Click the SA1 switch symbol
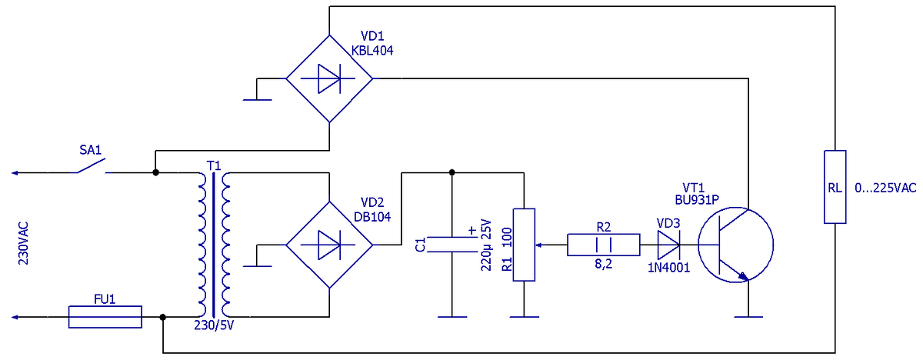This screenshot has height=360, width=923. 91,165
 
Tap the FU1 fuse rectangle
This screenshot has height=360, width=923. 105,317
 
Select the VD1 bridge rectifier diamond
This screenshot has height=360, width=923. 329,78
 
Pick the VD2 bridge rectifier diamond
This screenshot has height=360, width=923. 329,245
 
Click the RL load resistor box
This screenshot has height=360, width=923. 835,187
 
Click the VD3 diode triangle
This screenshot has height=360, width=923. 668,245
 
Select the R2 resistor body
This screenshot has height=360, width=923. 604,245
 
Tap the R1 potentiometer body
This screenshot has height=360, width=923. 524,245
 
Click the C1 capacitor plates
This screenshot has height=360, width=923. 452,245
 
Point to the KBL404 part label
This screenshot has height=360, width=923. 372,51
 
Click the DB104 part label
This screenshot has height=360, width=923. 372,217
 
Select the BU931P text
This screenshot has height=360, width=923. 697,200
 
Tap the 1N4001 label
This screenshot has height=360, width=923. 668,268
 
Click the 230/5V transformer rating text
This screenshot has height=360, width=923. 214,325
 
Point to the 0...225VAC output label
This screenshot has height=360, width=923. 885,188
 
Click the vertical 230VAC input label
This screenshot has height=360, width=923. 24,243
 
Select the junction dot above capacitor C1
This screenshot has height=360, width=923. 452,172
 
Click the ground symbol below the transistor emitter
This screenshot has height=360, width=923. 748,317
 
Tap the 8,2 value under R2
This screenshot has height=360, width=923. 603,264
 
